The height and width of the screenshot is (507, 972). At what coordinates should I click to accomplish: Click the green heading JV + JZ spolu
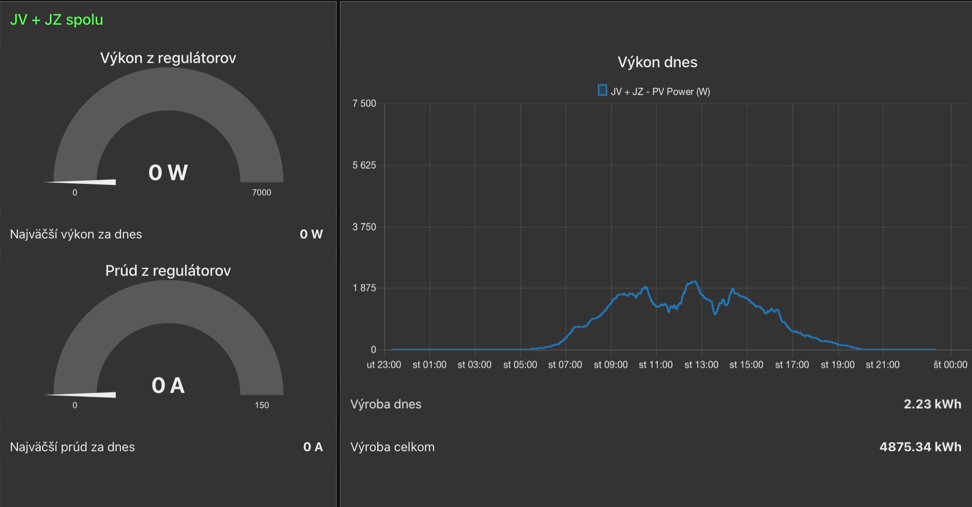[x=57, y=20]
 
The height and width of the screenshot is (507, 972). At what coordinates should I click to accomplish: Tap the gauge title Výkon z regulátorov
[x=168, y=58]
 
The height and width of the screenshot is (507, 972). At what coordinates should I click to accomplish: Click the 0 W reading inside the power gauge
[x=168, y=172]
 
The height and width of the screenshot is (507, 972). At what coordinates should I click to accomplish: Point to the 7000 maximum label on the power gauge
[x=262, y=193]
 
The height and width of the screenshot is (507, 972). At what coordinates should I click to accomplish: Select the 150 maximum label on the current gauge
[x=262, y=406]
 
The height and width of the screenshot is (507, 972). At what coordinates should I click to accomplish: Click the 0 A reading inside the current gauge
[x=168, y=386]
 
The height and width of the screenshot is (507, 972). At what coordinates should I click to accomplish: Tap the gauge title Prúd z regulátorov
[x=168, y=271]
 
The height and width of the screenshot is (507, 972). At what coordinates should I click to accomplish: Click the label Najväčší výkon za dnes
[x=76, y=234]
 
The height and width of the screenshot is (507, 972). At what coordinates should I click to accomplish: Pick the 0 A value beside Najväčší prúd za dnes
[x=313, y=447]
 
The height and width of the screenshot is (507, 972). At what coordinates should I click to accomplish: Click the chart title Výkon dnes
[x=657, y=63]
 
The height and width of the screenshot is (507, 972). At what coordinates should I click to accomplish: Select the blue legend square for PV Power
[x=602, y=90]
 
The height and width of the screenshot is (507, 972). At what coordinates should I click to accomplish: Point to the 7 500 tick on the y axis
[x=364, y=104]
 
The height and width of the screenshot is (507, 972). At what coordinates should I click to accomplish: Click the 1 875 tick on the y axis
[x=364, y=288]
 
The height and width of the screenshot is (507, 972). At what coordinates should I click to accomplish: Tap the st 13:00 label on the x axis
[x=701, y=365]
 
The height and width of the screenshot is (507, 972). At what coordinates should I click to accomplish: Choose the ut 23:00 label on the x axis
[x=384, y=365]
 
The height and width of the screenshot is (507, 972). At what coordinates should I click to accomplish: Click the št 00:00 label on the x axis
[x=950, y=365]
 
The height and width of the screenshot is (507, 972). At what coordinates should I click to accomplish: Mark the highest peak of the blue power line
[x=695, y=282]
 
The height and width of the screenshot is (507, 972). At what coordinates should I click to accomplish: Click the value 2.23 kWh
[x=932, y=404]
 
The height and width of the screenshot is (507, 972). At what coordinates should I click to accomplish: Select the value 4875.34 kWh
[x=920, y=447]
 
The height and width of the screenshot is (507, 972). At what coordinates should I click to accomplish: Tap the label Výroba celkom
[x=392, y=447]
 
